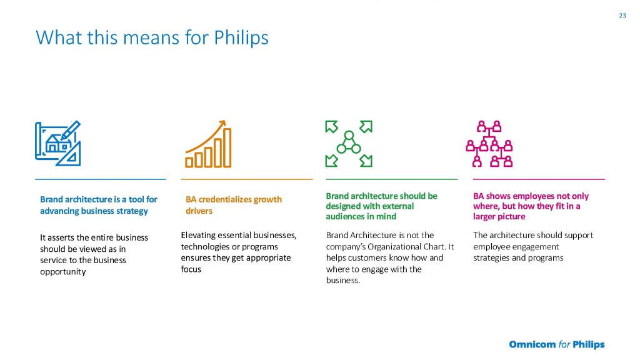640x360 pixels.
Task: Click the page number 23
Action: (622, 16)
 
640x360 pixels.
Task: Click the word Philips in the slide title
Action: (241, 38)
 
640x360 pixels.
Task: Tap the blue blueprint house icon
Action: (57, 143)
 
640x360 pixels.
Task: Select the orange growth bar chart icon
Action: (209, 144)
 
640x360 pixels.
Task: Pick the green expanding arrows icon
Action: (349, 144)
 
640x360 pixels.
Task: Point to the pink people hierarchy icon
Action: (489, 144)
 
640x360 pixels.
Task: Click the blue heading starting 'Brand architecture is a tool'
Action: (98, 205)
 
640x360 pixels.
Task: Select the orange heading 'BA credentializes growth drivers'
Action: (234, 205)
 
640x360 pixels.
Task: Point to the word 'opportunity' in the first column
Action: (63, 272)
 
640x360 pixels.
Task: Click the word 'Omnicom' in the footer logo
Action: (532, 344)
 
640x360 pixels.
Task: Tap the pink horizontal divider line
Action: (539, 179)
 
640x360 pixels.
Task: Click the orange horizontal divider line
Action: (247, 179)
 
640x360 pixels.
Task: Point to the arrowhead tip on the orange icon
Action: (224, 121)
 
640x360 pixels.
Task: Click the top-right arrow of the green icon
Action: (366, 126)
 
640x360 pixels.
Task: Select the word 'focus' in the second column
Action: (191, 269)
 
